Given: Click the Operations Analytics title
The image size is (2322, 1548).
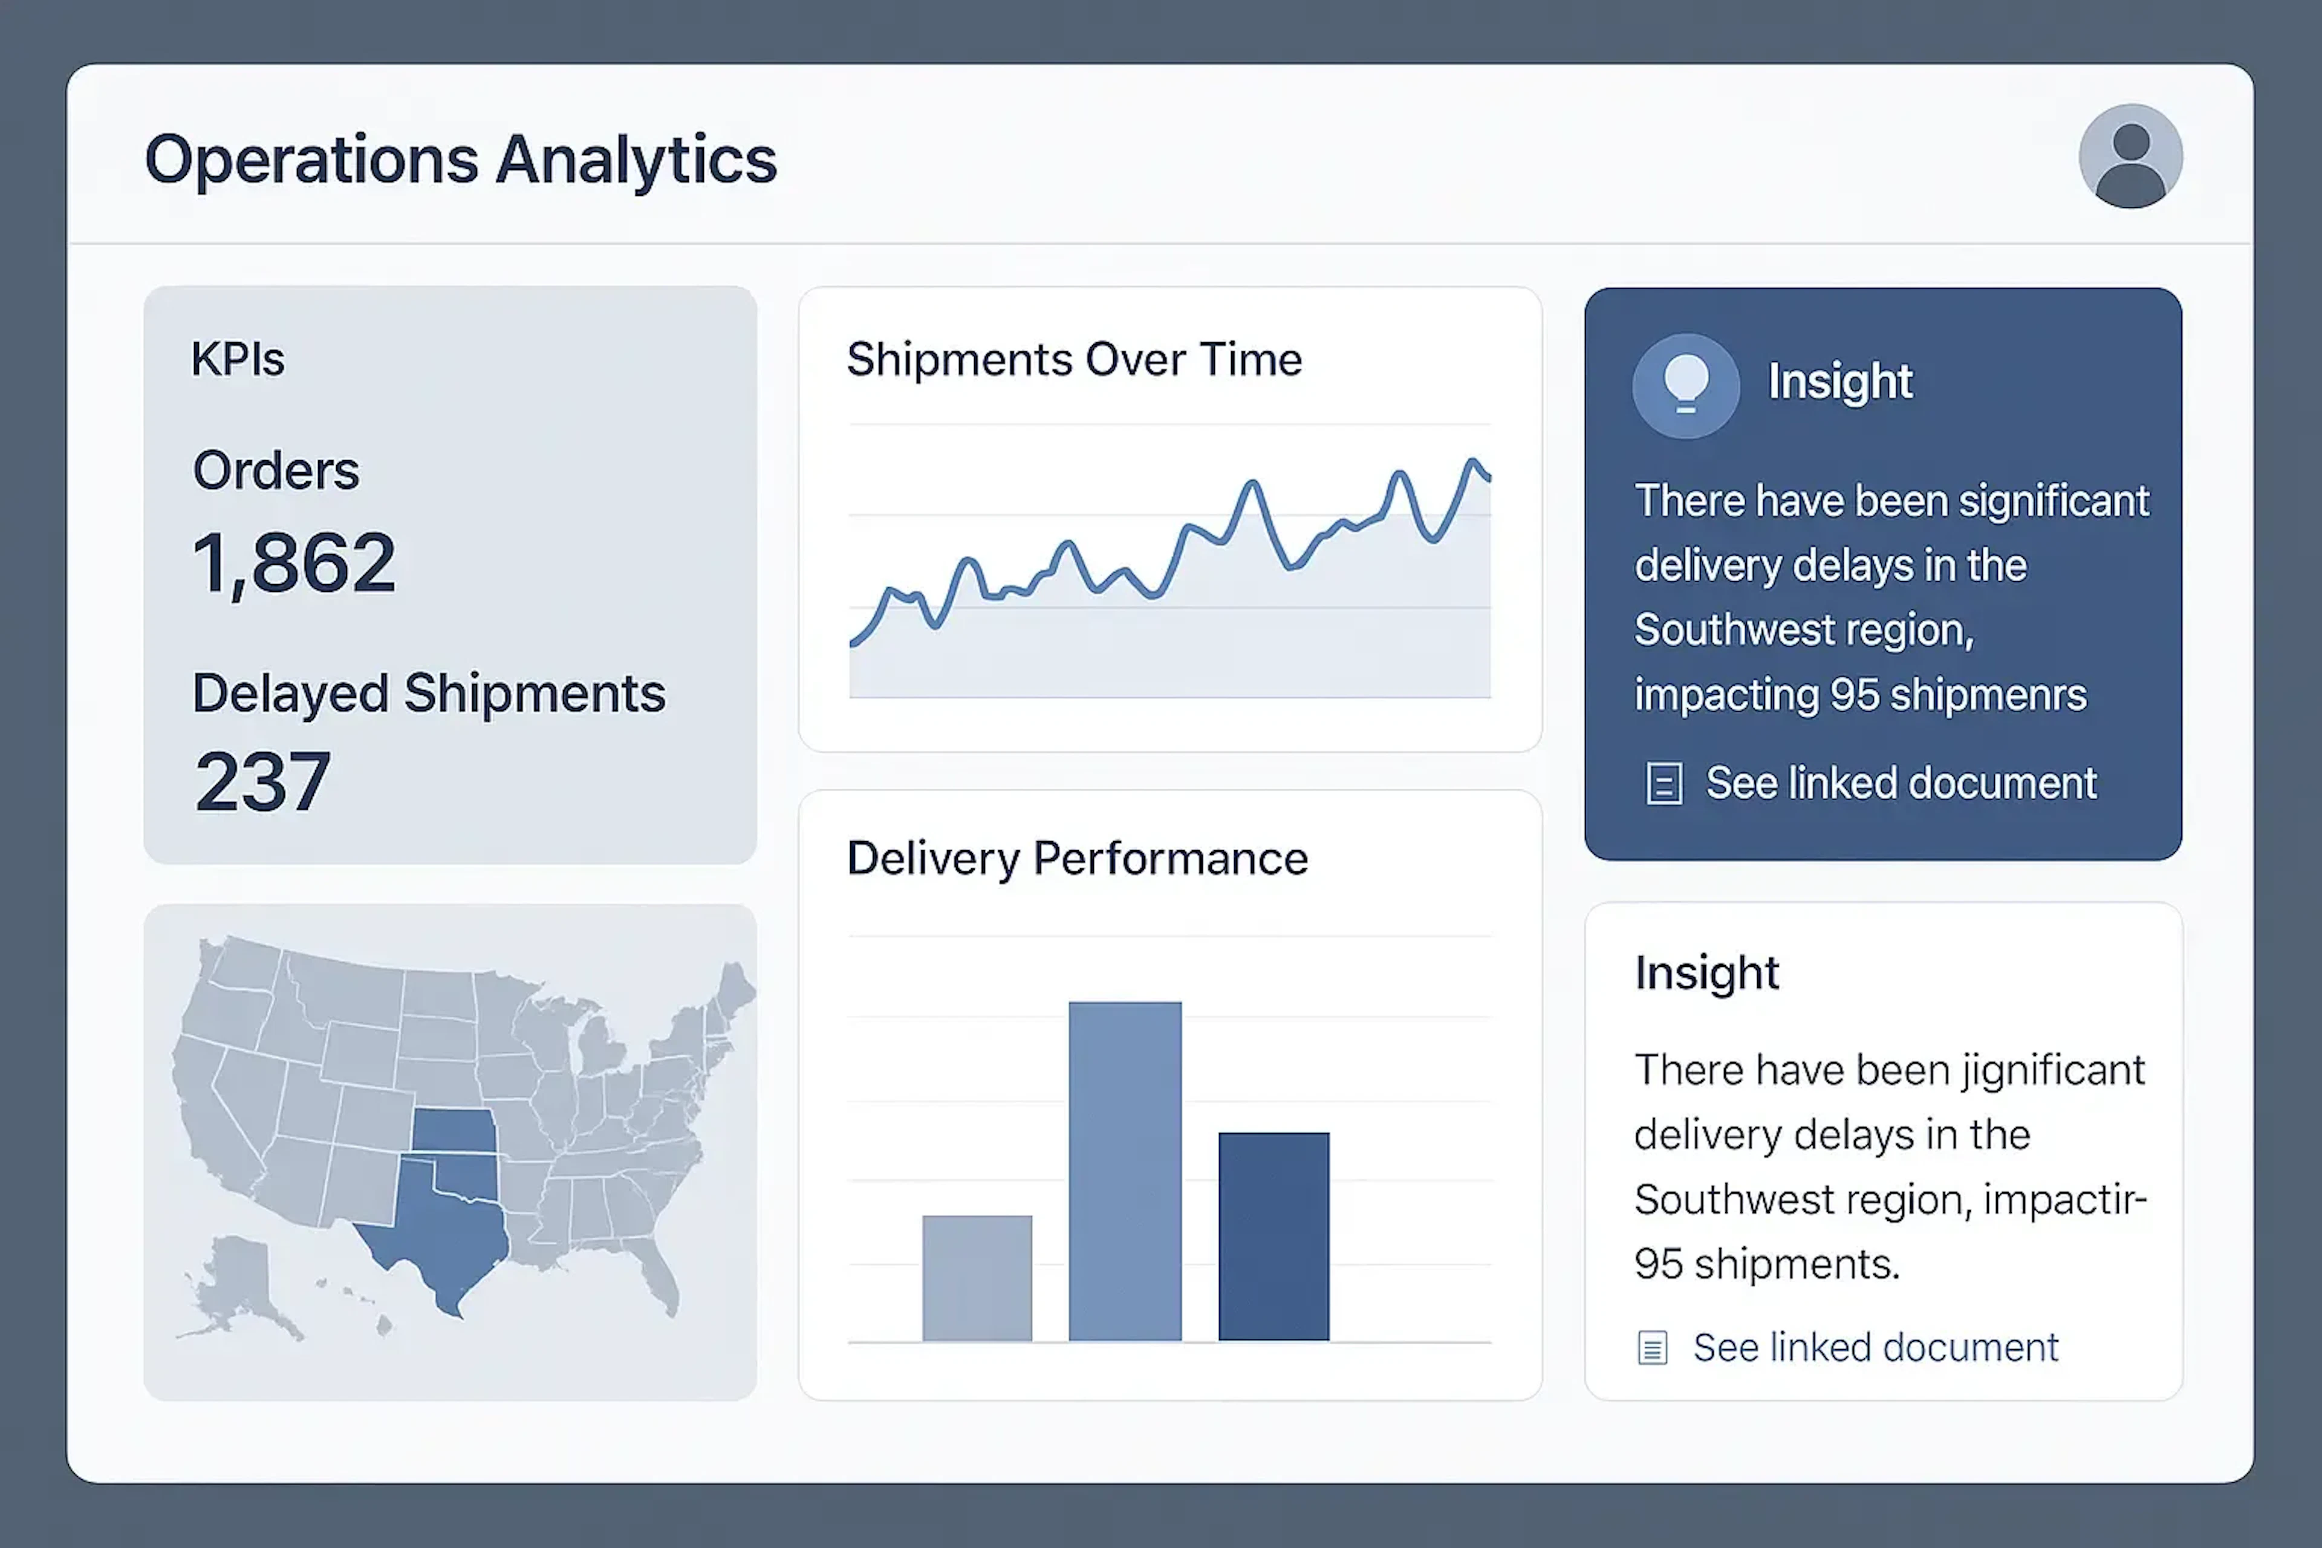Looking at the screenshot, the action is (x=461, y=160).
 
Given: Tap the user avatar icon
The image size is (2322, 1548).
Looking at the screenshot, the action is (x=2130, y=156).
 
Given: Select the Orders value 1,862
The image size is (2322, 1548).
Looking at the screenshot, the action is (x=294, y=564).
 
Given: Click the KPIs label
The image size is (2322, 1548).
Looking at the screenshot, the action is (x=238, y=359).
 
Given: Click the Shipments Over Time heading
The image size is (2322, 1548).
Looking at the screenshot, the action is (x=1074, y=359).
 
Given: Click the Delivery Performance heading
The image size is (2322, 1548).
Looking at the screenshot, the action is (x=1077, y=859).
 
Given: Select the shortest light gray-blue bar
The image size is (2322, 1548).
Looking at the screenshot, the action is (x=977, y=1278).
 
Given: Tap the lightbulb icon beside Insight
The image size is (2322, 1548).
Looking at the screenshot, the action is (x=1686, y=386).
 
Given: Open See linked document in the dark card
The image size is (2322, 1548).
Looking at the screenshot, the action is (x=1901, y=784).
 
